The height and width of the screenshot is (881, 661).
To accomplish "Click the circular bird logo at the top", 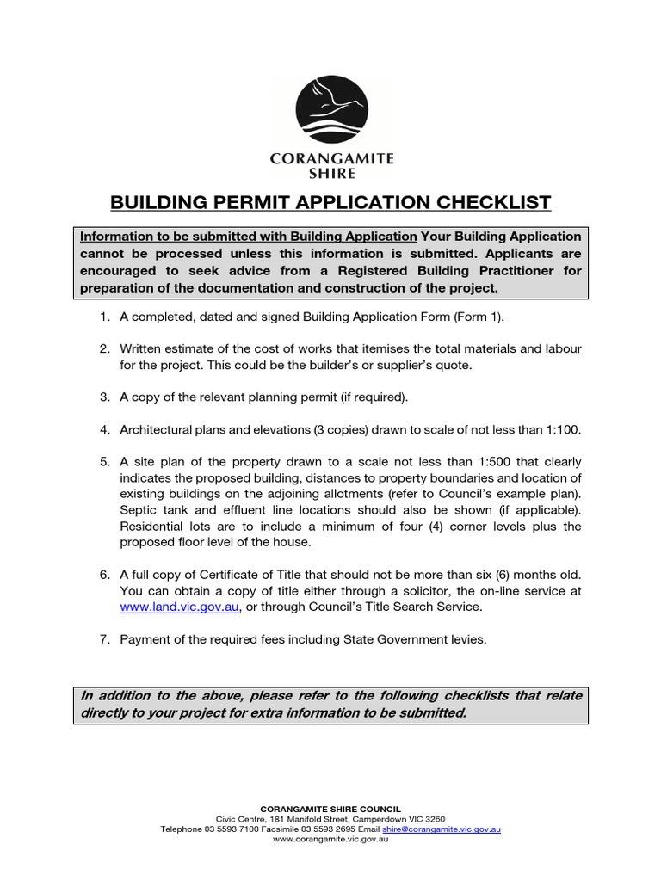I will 331,109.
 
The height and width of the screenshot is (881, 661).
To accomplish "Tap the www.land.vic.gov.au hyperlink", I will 177,607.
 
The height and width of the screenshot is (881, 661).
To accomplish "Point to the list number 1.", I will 103,317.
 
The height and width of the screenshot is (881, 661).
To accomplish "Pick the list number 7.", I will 103,639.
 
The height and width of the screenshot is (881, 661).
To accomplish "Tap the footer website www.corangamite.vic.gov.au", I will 330,840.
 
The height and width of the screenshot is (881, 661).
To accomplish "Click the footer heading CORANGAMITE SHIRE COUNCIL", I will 330,810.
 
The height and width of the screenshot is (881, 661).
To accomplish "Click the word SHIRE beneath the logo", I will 331,171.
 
